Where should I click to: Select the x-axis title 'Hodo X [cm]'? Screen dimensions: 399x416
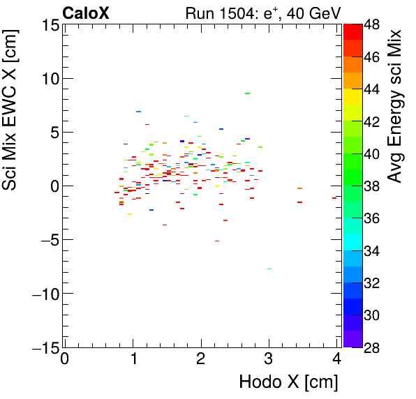(288, 382)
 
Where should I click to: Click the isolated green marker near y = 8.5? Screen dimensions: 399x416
(247, 93)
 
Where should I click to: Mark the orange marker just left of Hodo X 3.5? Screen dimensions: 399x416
(299, 188)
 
